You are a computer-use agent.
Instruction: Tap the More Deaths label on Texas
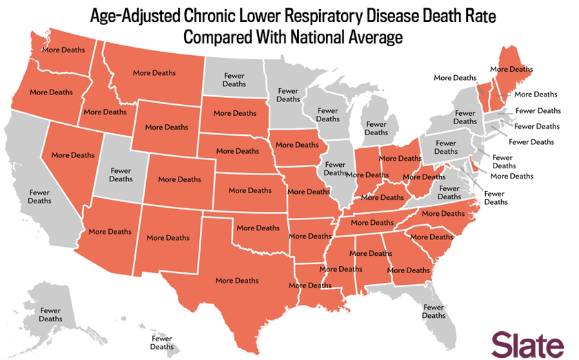(x=237, y=281)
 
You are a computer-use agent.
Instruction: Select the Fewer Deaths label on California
(x=40, y=197)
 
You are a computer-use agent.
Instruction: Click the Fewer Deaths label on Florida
(x=434, y=311)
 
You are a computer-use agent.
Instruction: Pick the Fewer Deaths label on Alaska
(x=50, y=315)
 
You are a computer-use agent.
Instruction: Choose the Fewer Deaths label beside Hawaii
(x=162, y=343)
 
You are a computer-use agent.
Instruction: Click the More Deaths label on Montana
(x=154, y=72)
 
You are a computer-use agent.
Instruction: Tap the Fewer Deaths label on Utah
(x=121, y=175)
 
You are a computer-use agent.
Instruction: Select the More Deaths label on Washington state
(x=63, y=50)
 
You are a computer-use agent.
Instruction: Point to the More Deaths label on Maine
(x=511, y=69)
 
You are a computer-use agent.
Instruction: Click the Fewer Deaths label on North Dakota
(x=234, y=80)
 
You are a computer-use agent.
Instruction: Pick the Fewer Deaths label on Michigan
(x=376, y=128)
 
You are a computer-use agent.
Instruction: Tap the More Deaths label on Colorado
(x=180, y=179)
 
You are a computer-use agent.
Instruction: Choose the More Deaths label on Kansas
(x=250, y=190)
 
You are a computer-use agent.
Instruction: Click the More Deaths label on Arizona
(x=110, y=232)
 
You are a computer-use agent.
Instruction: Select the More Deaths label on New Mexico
(x=167, y=238)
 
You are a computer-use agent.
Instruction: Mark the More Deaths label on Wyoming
(x=166, y=127)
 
